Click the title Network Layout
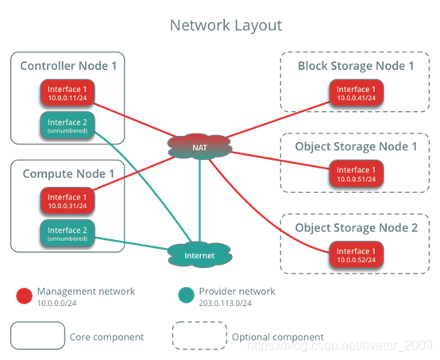pos(226,25)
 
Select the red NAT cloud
pos(199,146)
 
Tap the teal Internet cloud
pos(199,256)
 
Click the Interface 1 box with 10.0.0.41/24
pos(356,94)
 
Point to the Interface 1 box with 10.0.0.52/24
pos(356,256)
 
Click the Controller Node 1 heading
pos(68,65)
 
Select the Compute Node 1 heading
pos(67,173)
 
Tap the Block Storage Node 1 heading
pos(356,65)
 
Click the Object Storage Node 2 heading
pos(356,227)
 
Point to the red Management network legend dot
pos(24,296)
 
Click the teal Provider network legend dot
pos(185,296)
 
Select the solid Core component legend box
pos(38,335)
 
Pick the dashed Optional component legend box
pos(199,335)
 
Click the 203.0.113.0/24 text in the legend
pos(225,303)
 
